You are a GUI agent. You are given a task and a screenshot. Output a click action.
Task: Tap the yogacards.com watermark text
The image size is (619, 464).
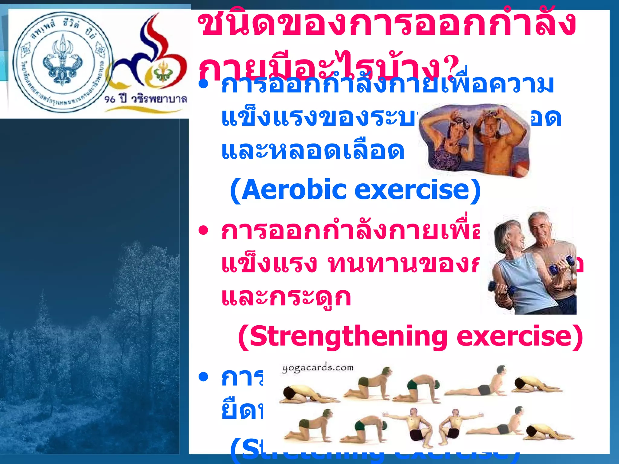click(318, 368)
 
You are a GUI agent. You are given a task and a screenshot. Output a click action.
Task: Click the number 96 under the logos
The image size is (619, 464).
click(110, 99)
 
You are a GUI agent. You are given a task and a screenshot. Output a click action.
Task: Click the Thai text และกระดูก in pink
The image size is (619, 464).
click(286, 298)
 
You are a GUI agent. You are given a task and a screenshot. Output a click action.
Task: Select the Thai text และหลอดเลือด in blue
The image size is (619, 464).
click(313, 151)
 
